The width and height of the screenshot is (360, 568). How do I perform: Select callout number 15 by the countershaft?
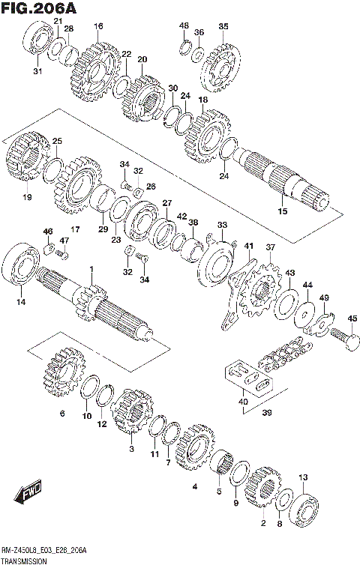282,211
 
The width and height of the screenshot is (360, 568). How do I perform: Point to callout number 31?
37,71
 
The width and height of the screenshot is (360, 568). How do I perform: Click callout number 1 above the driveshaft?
91,270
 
